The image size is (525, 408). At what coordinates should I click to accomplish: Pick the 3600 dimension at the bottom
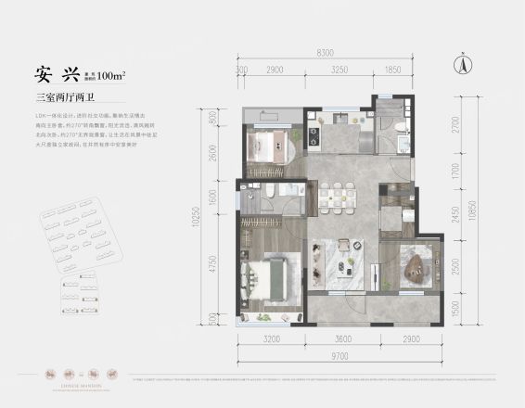344,339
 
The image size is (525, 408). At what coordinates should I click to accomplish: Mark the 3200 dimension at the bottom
271,339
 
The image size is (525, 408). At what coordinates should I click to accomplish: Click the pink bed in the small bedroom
268,148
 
